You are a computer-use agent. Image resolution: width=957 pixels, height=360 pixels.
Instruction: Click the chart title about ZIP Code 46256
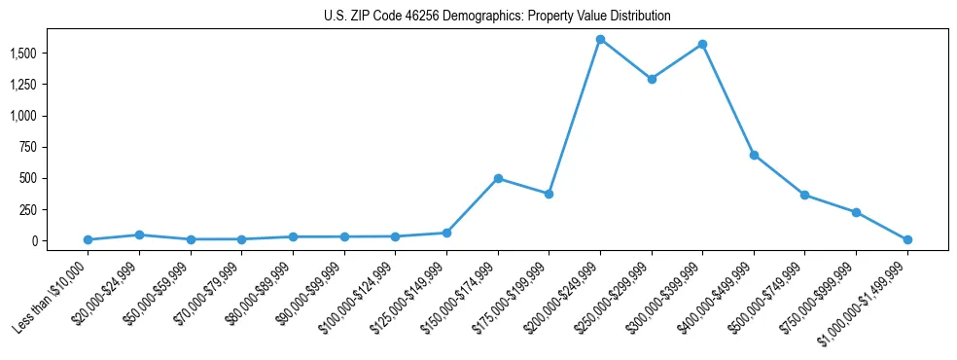click(x=497, y=16)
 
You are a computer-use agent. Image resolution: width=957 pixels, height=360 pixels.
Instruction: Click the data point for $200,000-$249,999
click(x=600, y=39)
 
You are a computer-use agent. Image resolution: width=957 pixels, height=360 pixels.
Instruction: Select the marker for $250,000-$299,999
click(x=652, y=79)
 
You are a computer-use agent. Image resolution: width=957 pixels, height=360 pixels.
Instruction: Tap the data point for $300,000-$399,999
click(x=702, y=44)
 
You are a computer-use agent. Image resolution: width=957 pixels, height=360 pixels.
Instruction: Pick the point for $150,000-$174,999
click(x=498, y=178)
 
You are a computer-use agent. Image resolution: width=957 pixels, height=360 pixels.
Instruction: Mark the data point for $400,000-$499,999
click(x=754, y=155)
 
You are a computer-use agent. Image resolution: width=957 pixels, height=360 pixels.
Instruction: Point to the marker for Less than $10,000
click(x=88, y=239)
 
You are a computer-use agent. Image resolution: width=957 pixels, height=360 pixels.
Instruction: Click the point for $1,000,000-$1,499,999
click(x=907, y=239)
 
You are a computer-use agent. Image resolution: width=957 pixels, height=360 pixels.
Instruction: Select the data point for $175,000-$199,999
click(x=549, y=194)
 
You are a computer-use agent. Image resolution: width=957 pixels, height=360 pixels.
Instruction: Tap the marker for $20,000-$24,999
click(x=139, y=234)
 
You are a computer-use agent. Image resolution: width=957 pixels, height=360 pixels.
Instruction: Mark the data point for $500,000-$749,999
click(x=804, y=195)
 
